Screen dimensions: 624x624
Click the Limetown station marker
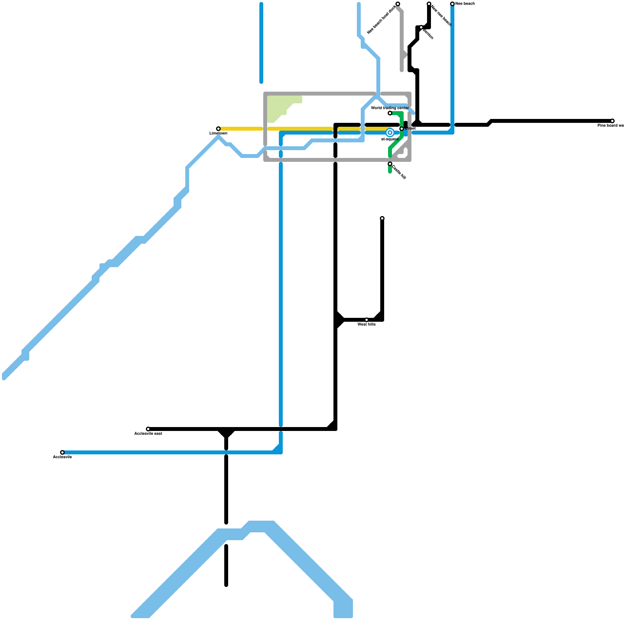click(218, 129)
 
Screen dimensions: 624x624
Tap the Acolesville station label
click(62, 457)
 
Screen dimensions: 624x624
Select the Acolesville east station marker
click(148, 429)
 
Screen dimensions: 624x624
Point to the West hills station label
click(366, 324)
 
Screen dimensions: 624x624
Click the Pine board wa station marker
click(612, 121)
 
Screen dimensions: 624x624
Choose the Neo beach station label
click(465, 4)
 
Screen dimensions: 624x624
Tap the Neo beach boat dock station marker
click(398, 4)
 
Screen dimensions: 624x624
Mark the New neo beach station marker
click(429, 4)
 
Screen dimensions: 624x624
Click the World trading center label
click(390, 108)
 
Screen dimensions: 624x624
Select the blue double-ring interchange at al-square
click(390, 133)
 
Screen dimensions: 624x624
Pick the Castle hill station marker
click(390, 164)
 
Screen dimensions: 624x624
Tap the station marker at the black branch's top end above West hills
click(382, 218)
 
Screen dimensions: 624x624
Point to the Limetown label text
click(218, 133)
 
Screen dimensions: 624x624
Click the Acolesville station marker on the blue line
click(62, 452)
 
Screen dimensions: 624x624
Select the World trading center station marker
click(390, 113)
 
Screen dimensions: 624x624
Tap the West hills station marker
click(367, 320)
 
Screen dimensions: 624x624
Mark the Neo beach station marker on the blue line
click(452, 4)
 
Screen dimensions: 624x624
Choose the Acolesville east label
click(148, 434)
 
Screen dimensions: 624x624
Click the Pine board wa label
click(610, 126)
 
